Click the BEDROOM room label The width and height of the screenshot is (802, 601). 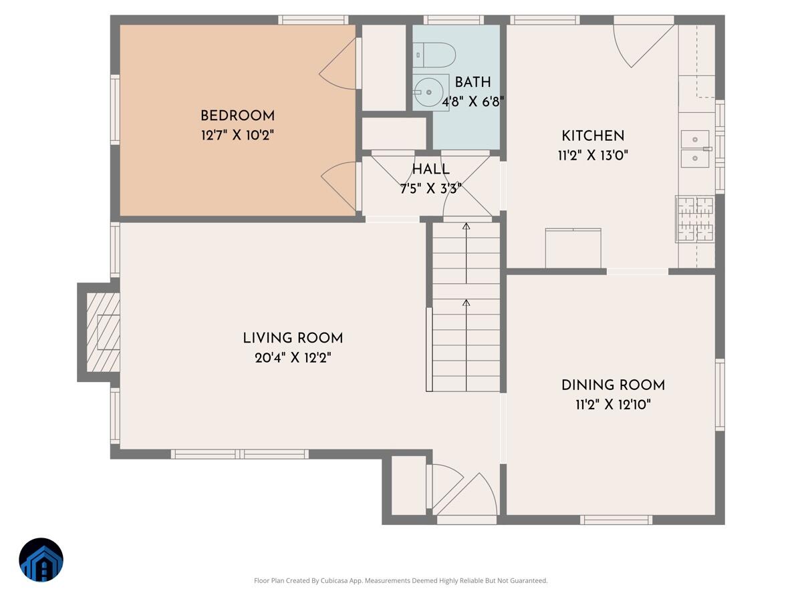237,116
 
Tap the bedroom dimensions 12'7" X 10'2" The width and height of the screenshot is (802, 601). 237,135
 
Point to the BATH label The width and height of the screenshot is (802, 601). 473,82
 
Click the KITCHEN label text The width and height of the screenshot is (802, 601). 593,136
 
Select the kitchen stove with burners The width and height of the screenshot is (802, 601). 695,218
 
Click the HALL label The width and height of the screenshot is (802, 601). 430,169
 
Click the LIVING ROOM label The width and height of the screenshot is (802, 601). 293,338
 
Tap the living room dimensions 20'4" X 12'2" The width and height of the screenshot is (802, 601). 293,357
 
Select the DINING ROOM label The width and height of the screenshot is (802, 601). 613,385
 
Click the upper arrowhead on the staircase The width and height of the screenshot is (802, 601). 466,227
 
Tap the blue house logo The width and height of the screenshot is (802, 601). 41,560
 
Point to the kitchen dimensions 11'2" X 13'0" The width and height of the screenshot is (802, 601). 593,156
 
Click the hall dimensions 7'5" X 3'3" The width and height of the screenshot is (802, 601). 430,188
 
